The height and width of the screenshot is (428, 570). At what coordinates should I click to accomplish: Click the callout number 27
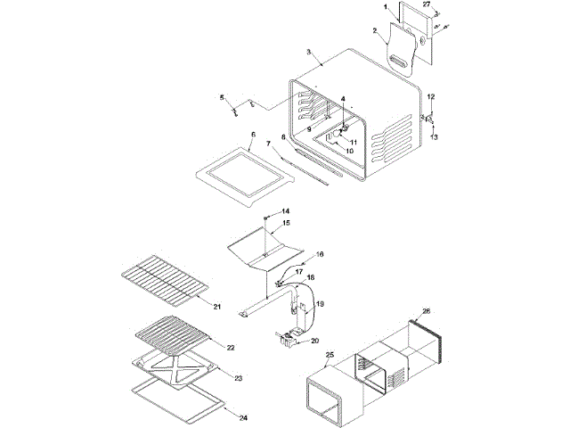(x=426, y=6)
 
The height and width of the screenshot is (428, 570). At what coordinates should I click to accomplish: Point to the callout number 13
(x=435, y=137)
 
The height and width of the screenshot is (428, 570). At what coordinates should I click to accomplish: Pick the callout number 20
(x=314, y=341)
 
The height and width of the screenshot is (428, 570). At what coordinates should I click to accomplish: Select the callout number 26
(x=427, y=311)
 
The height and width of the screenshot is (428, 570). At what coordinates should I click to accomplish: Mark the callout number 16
(x=320, y=254)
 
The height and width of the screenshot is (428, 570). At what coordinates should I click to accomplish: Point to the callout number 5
(x=223, y=96)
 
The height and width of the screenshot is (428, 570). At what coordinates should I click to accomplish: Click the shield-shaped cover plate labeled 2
(x=406, y=49)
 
